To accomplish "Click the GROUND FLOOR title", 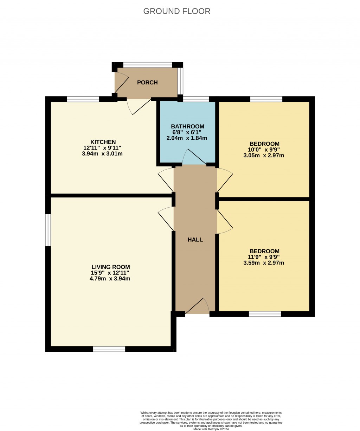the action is pyautogui.click(x=176, y=11).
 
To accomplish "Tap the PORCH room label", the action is pyautogui.click(x=147, y=82).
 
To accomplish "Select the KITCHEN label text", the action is pyautogui.click(x=103, y=142).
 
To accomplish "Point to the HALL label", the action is pyautogui.click(x=195, y=240).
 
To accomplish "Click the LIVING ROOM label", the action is pyautogui.click(x=111, y=267).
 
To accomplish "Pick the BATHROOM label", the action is pyautogui.click(x=187, y=126).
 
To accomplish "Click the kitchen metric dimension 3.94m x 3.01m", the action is pyautogui.click(x=102, y=153).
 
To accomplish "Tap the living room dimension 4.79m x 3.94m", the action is pyautogui.click(x=110, y=278).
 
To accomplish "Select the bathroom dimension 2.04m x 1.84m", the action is pyautogui.click(x=187, y=138).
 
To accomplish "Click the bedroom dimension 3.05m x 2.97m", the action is pyautogui.click(x=264, y=155).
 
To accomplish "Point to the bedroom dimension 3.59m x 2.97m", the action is pyautogui.click(x=264, y=263).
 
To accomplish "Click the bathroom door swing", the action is pyautogui.click(x=194, y=157).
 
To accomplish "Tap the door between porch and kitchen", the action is pyautogui.click(x=139, y=107).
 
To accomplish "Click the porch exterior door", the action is pyautogui.click(x=122, y=82).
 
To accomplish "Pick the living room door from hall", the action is pyautogui.click(x=166, y=219).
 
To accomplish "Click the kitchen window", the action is pyautogui.click(x=83, y=99).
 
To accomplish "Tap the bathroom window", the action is pyautogui.click(x=196, y=99).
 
